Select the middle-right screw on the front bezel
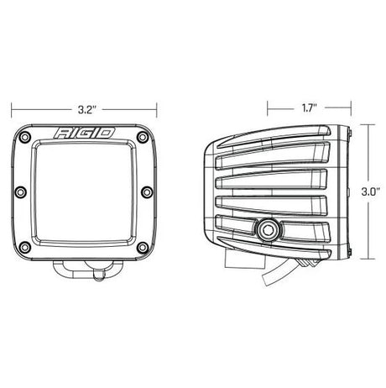147,193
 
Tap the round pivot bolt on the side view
270,228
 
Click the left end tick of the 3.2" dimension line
12,108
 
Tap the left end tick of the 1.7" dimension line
267,108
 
